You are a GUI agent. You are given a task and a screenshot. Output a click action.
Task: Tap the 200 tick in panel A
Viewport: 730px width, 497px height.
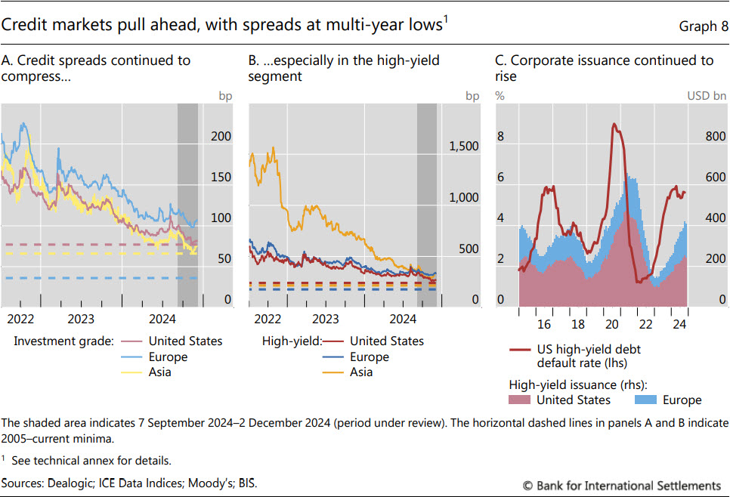tap(221, 137)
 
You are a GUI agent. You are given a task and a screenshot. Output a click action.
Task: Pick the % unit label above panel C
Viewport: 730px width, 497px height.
tap(500, 96)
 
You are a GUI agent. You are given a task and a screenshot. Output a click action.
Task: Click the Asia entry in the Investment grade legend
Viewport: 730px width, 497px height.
tap(159, 372)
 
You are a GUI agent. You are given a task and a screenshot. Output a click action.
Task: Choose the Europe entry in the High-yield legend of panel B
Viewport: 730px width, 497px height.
tap(371, 357)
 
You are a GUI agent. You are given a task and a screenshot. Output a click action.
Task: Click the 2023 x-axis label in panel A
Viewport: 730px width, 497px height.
tap(81, 319)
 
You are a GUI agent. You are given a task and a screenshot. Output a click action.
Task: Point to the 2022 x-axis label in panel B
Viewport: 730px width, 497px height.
tap(268, 319)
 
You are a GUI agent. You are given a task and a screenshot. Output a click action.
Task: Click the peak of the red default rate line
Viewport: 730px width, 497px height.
tap(614, 125)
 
